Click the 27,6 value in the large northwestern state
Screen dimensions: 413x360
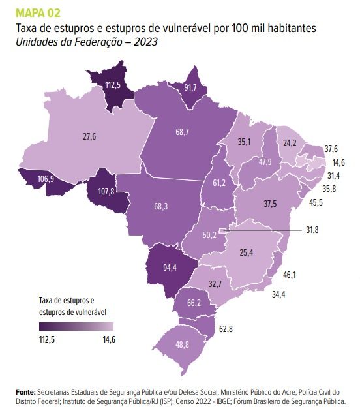click(x=89, y=136)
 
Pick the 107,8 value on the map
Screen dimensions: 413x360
click(x=107, y=192)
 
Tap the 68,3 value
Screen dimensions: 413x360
click(x=161, y=206)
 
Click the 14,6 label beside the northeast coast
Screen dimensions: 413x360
click(x=337, y=162)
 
